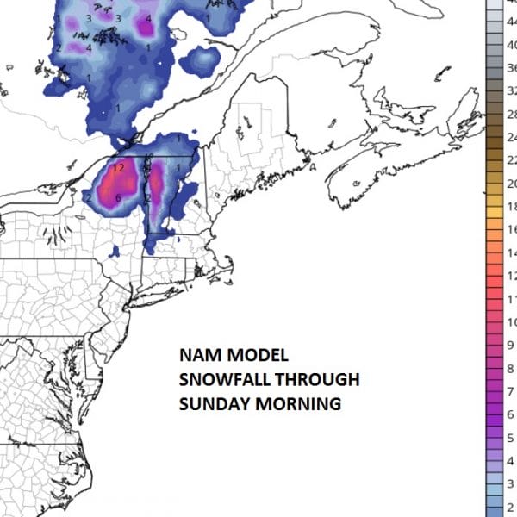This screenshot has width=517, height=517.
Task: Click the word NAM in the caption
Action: coord(198,356)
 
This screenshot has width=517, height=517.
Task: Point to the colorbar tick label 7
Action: coord(511,368)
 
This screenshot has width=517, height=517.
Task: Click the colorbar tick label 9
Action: coord(511,345)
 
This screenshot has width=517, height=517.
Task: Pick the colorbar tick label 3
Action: coord(511,483)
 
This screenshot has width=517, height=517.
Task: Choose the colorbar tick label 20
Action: coord(510,184)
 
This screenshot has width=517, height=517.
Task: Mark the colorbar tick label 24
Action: coord(510,137)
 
